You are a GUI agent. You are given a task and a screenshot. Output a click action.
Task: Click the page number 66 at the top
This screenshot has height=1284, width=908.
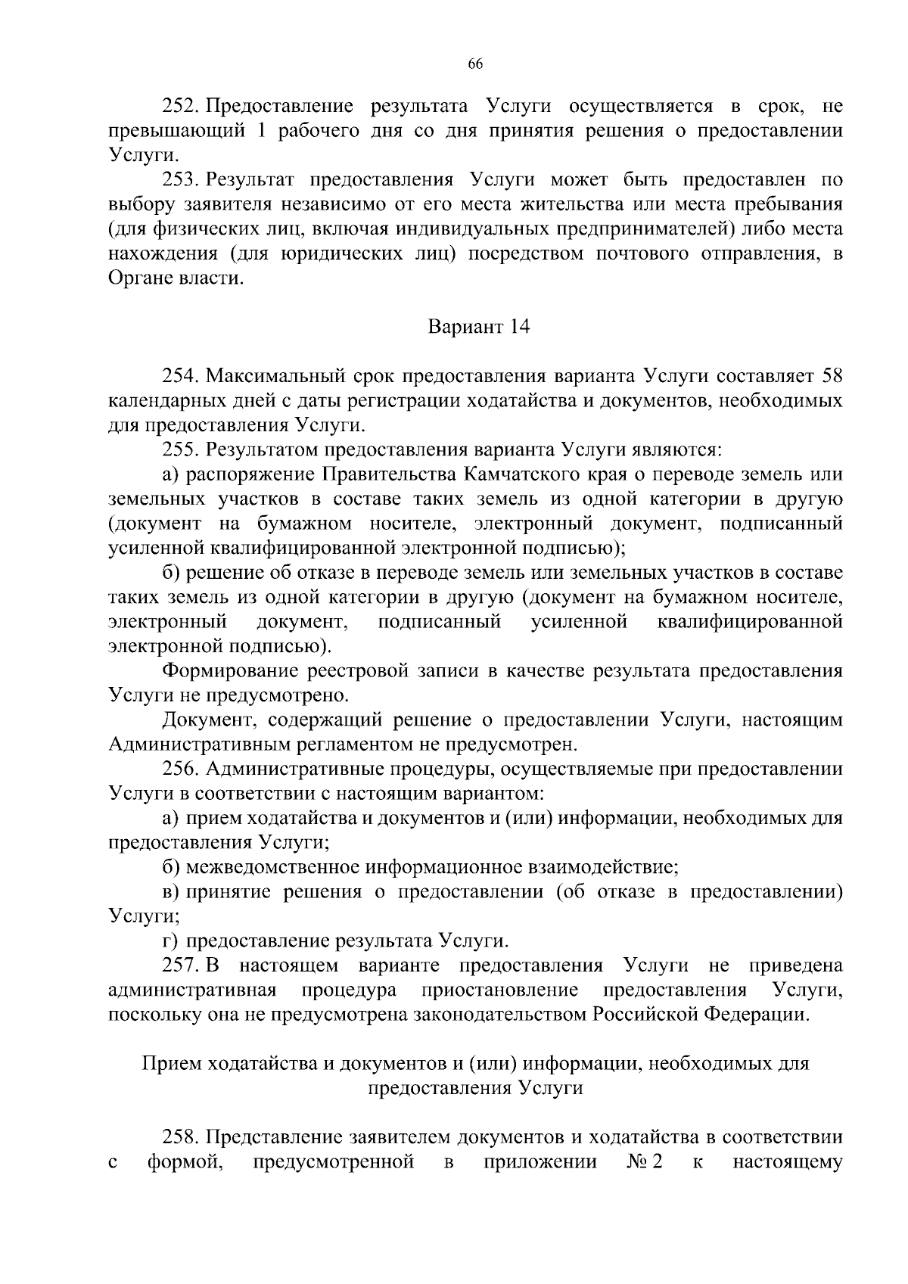pos(475,64)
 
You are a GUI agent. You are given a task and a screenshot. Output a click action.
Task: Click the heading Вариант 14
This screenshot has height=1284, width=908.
pos(479,328)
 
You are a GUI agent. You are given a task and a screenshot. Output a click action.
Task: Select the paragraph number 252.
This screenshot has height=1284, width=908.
pos(180,105)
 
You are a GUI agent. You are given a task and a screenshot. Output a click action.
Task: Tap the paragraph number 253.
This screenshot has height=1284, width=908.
pos(180,180)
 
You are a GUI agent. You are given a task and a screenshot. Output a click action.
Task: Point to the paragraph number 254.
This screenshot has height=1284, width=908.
pos(180,376)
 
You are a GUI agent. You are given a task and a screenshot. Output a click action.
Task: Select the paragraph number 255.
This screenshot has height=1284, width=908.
pos(180,450)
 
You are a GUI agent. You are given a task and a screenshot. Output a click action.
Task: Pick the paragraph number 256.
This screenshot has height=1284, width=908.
pos(180,769)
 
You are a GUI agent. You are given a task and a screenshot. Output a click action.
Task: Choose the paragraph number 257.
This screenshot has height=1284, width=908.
pos(180,966)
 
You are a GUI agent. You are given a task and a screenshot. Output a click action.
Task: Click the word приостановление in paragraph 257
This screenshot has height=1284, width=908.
pos(500,990)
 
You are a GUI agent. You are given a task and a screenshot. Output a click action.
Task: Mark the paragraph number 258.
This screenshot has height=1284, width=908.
pos(180,1138)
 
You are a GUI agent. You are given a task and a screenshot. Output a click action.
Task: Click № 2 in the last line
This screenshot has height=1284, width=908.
pos(644,1162)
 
